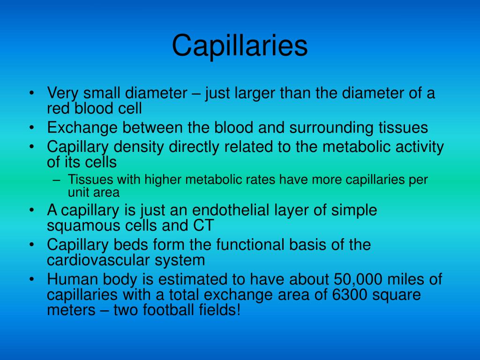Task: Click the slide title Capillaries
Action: (240, 46)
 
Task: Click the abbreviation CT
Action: (203, 225)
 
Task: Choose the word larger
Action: (253, 93)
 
